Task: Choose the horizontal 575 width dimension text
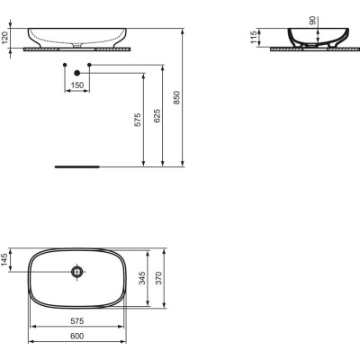point(77,320)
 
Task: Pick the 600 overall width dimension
point(77,337)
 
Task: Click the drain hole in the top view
point(78,271)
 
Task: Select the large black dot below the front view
point(77,72)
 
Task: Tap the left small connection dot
point(64,66)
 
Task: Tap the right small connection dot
point(91,66)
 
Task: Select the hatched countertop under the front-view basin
point(76,51)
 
